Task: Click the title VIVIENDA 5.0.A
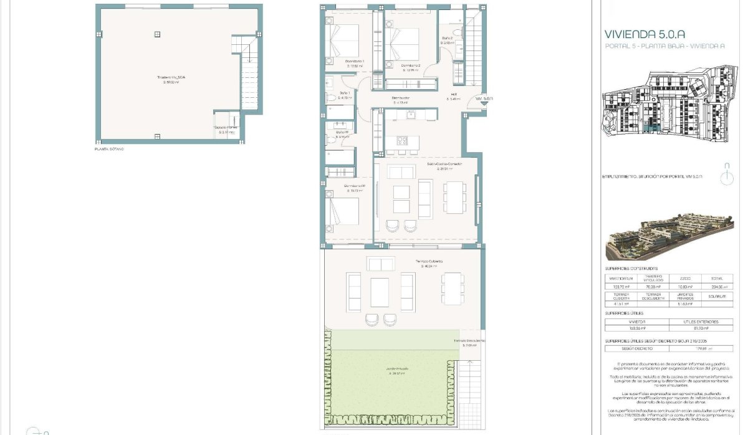[x=642, y=35]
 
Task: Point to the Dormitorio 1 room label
[x=355, y=61]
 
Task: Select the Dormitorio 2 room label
[x=411, y=66]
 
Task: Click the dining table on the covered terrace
[x=453, y=289]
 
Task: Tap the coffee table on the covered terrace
[x=380, y=292]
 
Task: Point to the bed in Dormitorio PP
[x=343, y=211]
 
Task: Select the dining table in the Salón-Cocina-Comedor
[x=454, y=197]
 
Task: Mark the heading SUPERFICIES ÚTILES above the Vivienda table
[x=625, y=313]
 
